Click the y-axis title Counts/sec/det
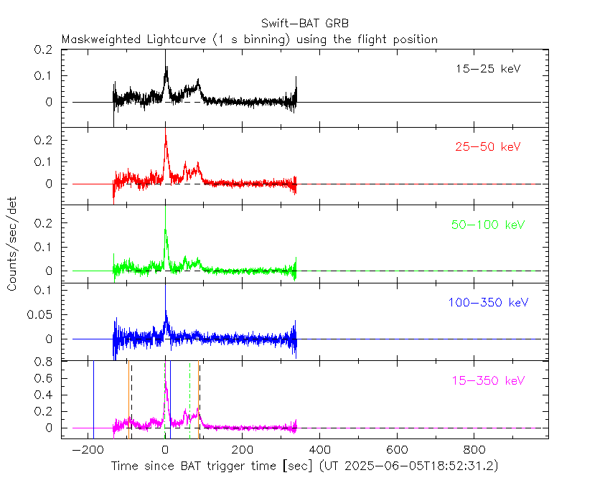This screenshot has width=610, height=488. (x=13, y=244)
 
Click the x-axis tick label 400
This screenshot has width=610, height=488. (x=319, y=450)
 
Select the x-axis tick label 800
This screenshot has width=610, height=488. (x=473, y=450)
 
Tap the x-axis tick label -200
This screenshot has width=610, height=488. (x=87, y=450)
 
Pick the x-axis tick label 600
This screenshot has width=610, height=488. (x=396, y=450)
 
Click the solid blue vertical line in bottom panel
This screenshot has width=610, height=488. (x=93, y=398)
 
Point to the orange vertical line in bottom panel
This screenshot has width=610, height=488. (x=198, y=398)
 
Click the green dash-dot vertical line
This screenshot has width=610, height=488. (x=190, y=398)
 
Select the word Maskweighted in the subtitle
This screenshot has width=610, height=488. (x=98, y=39)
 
